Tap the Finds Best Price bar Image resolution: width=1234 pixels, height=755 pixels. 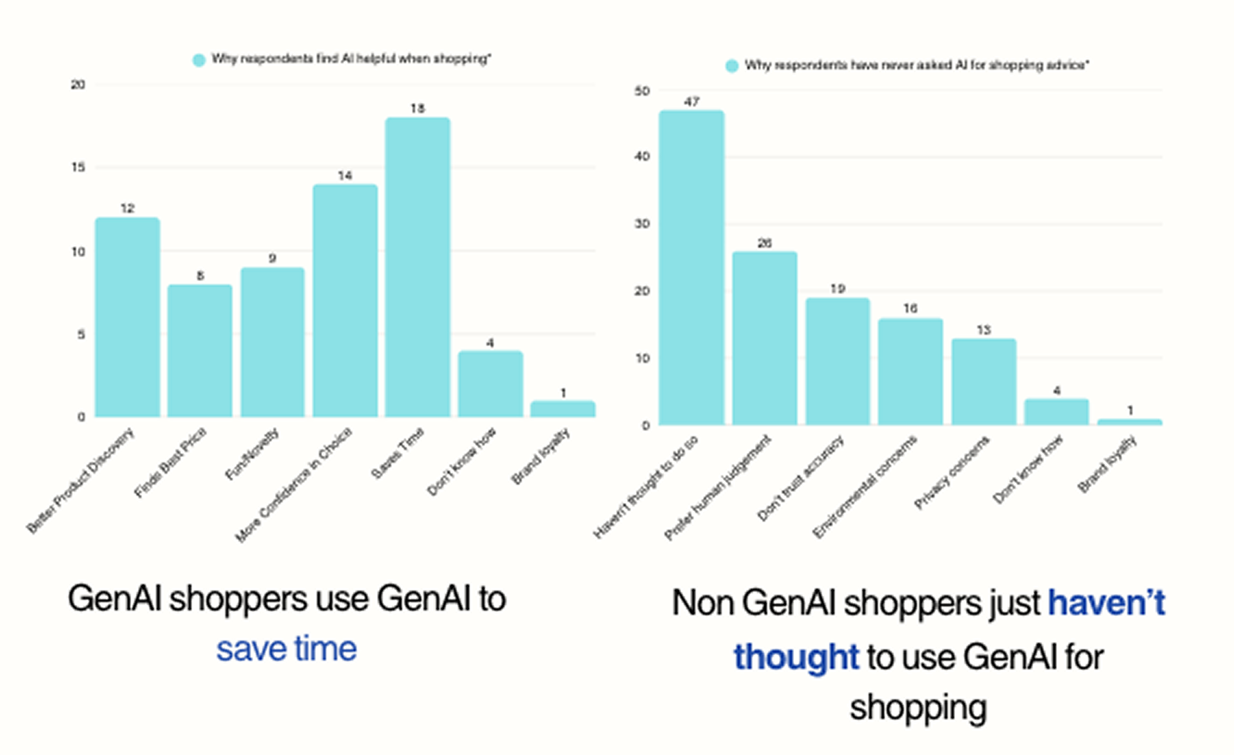[200, 351]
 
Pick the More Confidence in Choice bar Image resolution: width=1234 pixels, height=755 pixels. [345, 300]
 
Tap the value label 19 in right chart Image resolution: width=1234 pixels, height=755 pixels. [837, 289]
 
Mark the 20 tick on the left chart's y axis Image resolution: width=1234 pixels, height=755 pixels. [78, 85]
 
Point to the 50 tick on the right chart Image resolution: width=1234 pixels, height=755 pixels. [642, 91]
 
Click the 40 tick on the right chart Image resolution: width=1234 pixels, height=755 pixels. [642, 156]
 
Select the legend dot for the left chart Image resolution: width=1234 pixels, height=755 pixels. [199, 60]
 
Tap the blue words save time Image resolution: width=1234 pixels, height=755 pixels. [287, 649]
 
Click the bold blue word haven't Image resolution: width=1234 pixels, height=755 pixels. [1106, 603]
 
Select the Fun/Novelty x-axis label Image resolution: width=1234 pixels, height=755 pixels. [252, 455]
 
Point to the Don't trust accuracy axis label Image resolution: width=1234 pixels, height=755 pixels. [800, 478]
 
